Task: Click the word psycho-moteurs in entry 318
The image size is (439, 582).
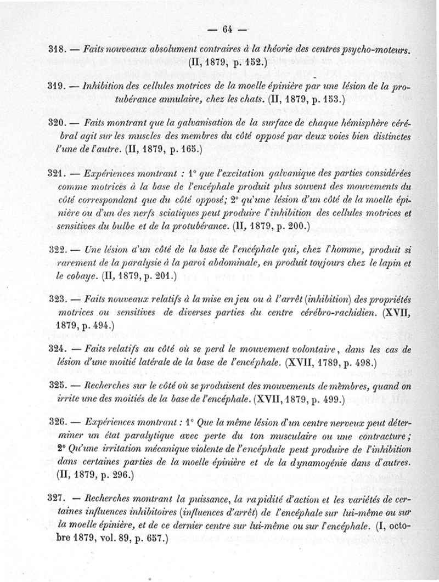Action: tap(381, 49)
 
